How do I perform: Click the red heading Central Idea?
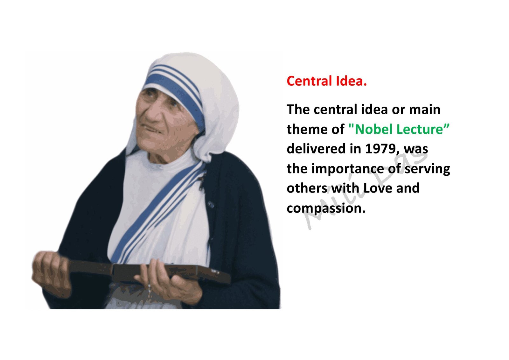pyautogui.click(x=326, y=81)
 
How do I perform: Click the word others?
pyautogui.click(x=307, y=188)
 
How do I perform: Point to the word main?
pyautogui.click(x=425, y=109)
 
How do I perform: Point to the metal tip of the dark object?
pyautogui.click(x=214, y=271)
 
